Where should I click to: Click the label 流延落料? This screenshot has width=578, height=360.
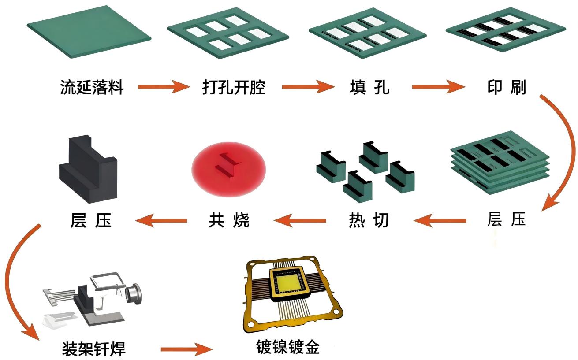point(92,87)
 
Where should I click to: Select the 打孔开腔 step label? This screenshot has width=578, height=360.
point(234,87)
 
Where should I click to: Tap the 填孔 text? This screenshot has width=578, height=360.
point(369,87)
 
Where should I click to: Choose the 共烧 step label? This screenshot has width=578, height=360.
point(229,219)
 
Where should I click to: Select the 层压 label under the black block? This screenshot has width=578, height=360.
point(91,219)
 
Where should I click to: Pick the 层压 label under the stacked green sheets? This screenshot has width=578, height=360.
point(507,219)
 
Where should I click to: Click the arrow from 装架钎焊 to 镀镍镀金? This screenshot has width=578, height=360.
point(187,350)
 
